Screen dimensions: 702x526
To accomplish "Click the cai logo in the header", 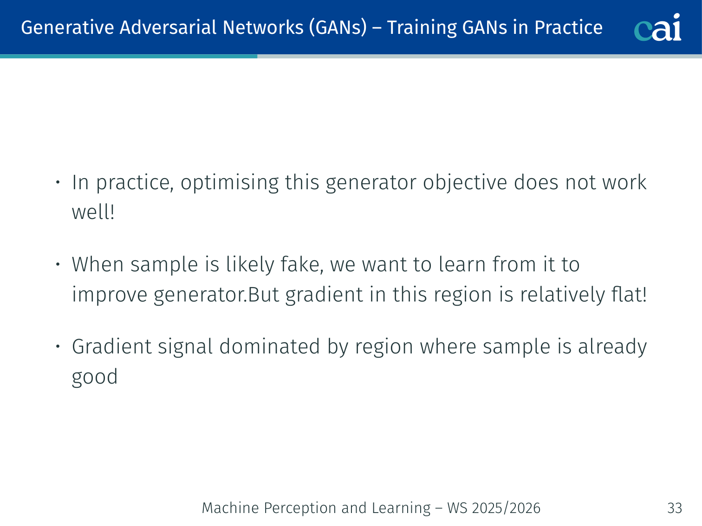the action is pyautogui.click(x=657, y=27).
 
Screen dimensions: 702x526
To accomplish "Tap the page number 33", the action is pyautogui.click(x=675, y=508).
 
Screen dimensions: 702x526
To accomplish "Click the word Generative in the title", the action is pyautogui.click(x=67, y=27).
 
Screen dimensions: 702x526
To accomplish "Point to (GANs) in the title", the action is pyautogui.click(x=338, y=27).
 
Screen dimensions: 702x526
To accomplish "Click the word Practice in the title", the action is pyautogui.click(x=568, y=27).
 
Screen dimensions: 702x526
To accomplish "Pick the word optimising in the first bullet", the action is pyautogui.click(x=230, y=183).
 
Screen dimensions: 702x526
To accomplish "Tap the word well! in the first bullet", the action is pyautogui.click(x=93, y=212).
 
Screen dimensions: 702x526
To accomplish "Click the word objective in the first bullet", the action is pyautogui.click(x=465, y=183).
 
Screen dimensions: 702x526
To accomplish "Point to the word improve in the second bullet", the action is pyautogui.click(x=110, y=295).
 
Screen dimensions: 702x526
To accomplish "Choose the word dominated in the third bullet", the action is pyautogui.click(x=269, y=346).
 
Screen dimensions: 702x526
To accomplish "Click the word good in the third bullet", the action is pyautogui.click(x=95, y=377).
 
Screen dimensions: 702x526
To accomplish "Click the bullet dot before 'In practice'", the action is pyautogui.click(x=58, y=182).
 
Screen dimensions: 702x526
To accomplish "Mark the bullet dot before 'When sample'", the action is pyautogui.click(x=58, y=264).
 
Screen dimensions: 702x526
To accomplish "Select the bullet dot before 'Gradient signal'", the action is pyautogui.click(x=58, y=346).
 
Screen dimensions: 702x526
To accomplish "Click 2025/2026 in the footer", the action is pyautogui.click(x=506, y=508).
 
